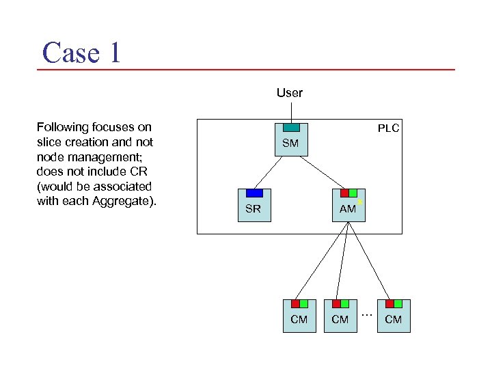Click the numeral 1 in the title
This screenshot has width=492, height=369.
point(114,53)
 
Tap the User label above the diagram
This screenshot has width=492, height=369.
point(290,92)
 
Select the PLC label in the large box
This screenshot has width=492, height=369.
point(388,128)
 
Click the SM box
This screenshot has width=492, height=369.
point(291,143)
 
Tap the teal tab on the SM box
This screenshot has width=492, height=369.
point(291,127)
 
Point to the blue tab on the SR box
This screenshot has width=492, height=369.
point(254,193)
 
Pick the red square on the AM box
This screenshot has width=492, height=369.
point(344,193)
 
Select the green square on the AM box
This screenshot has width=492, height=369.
point(353,193)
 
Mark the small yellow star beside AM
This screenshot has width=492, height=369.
point(360,202)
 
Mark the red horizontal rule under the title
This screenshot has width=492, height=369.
point(246,69)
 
